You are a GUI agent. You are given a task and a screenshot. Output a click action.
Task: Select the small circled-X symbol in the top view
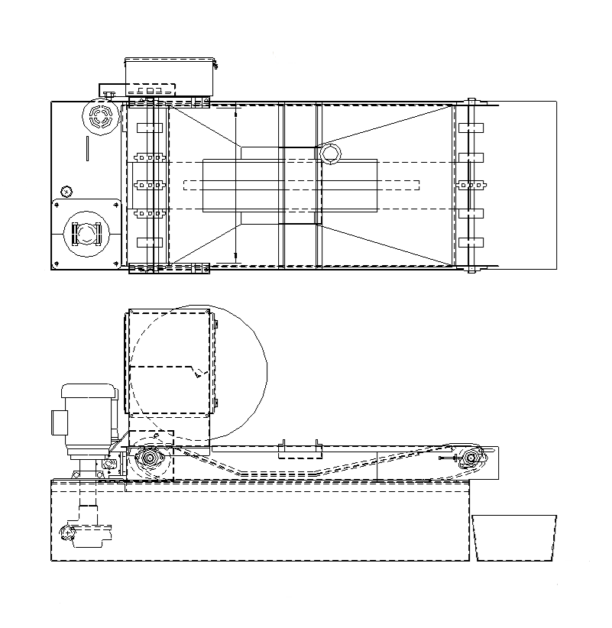pos(66,190)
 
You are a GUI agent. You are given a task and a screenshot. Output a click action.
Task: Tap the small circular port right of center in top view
pos(330,154)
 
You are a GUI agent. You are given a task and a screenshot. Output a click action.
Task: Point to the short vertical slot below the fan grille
pos(88,147)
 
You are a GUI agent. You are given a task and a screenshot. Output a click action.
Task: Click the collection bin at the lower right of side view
pos(514,538)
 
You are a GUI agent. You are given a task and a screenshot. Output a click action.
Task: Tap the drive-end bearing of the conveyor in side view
pos(148,459)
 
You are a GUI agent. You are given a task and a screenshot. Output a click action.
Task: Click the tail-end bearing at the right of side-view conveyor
pos(471,458)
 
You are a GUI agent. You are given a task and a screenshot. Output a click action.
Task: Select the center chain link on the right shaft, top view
pos(471,185)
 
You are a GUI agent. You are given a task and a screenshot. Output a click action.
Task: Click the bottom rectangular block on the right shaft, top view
pos(471,242)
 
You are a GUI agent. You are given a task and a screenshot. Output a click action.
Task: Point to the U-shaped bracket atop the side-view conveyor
pos(298,450)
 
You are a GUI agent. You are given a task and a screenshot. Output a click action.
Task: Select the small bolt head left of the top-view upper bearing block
pos(109,94)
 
